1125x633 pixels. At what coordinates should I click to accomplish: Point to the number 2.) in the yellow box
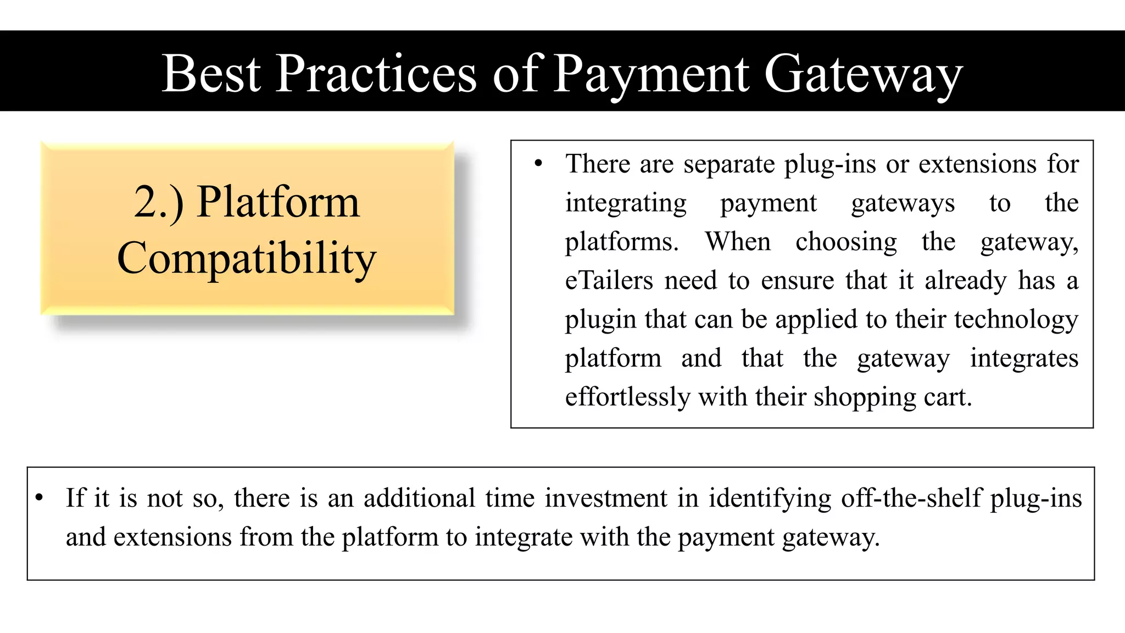coord(159,202)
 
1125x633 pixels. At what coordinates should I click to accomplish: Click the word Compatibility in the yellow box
coord(247,258)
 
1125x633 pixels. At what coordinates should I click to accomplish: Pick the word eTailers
coord(609,280)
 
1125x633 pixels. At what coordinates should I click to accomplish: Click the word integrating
coord(626,203)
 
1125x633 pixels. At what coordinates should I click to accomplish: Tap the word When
coord(738,242)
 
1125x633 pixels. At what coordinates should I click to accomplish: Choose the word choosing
coord(846,242)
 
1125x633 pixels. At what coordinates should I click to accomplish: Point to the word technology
coord(1016,320)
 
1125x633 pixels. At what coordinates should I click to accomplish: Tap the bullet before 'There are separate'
coord(538,163)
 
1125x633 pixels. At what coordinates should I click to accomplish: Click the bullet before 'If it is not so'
coord(39,498)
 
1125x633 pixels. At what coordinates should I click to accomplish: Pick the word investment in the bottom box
coord(606,498)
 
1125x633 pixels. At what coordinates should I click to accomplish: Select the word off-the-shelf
coord(911,498)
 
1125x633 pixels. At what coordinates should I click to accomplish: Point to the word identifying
coord(770,499)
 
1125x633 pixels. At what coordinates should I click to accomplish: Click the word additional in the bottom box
coord(419,498)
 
